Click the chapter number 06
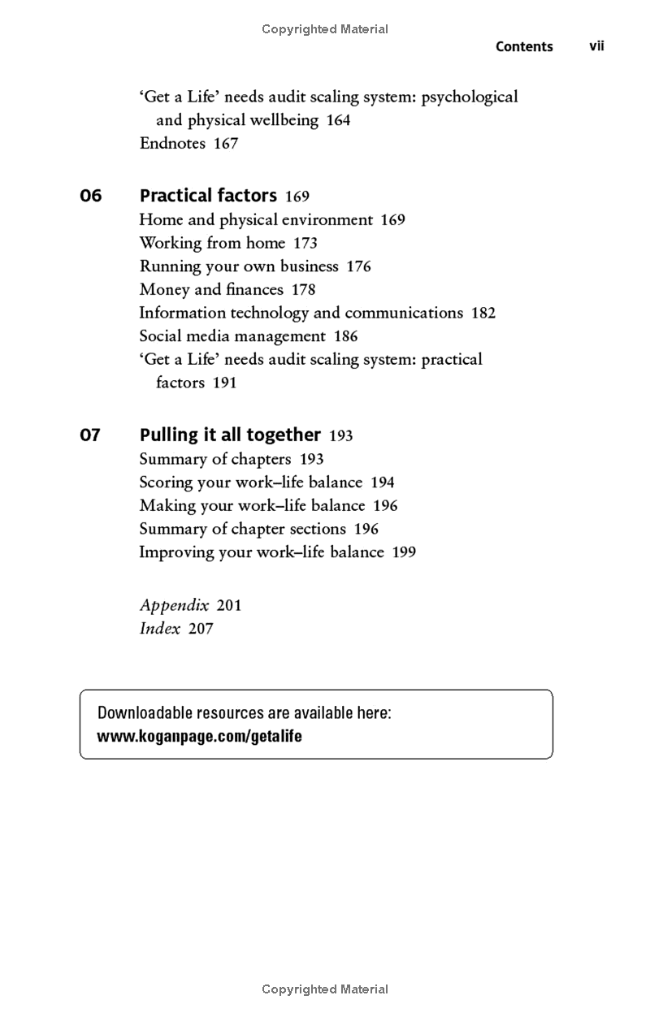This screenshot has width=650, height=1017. click(91, 196)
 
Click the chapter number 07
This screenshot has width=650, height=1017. click(90, 435)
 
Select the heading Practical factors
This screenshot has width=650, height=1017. click(208, 196)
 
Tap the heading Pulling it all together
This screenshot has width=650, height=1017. click(230, 435)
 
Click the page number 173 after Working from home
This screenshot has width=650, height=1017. click(305, 243)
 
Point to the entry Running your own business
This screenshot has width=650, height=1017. click(239, 266)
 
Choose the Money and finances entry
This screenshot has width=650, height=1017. click(211, 290)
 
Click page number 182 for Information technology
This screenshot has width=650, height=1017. click(483, 314)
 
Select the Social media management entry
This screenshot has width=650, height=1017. click(232, 336)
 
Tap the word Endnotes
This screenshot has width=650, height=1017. click(172, 144)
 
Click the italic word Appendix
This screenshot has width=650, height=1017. click(174, 605)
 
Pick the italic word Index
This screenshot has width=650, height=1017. click(159, 629)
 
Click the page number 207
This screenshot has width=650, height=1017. click(201, 629)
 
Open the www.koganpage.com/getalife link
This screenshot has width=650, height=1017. click(200, 737)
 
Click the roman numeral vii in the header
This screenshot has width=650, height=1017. click(596, 46)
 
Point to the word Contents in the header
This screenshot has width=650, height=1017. click(524, 47)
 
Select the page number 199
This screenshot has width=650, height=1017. click(404, 552)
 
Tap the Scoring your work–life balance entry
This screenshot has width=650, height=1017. click(251, 483)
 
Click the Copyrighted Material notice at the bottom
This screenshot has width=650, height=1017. click(325, 989)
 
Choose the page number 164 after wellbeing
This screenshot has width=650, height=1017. click(338, 120)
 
